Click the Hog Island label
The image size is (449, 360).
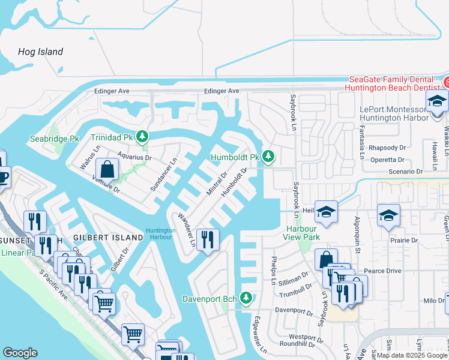click(x=40, y=52)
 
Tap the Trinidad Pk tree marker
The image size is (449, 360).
click(x=142, y=137)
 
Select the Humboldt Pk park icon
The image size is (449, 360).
click(x=268, y=157)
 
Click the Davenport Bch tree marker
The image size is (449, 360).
click(x=245, y=298)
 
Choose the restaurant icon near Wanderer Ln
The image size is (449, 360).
click(x=206, y=240)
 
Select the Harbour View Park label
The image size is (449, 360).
click(x=303, y=233)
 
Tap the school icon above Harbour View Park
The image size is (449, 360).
click(x=326, y=212)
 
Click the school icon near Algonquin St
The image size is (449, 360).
click(x=388, y=215)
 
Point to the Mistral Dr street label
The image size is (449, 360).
click(x=216, y=184)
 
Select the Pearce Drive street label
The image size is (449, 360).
click(x=382, y=271)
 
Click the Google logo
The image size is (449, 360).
click(x=20, y=353)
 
